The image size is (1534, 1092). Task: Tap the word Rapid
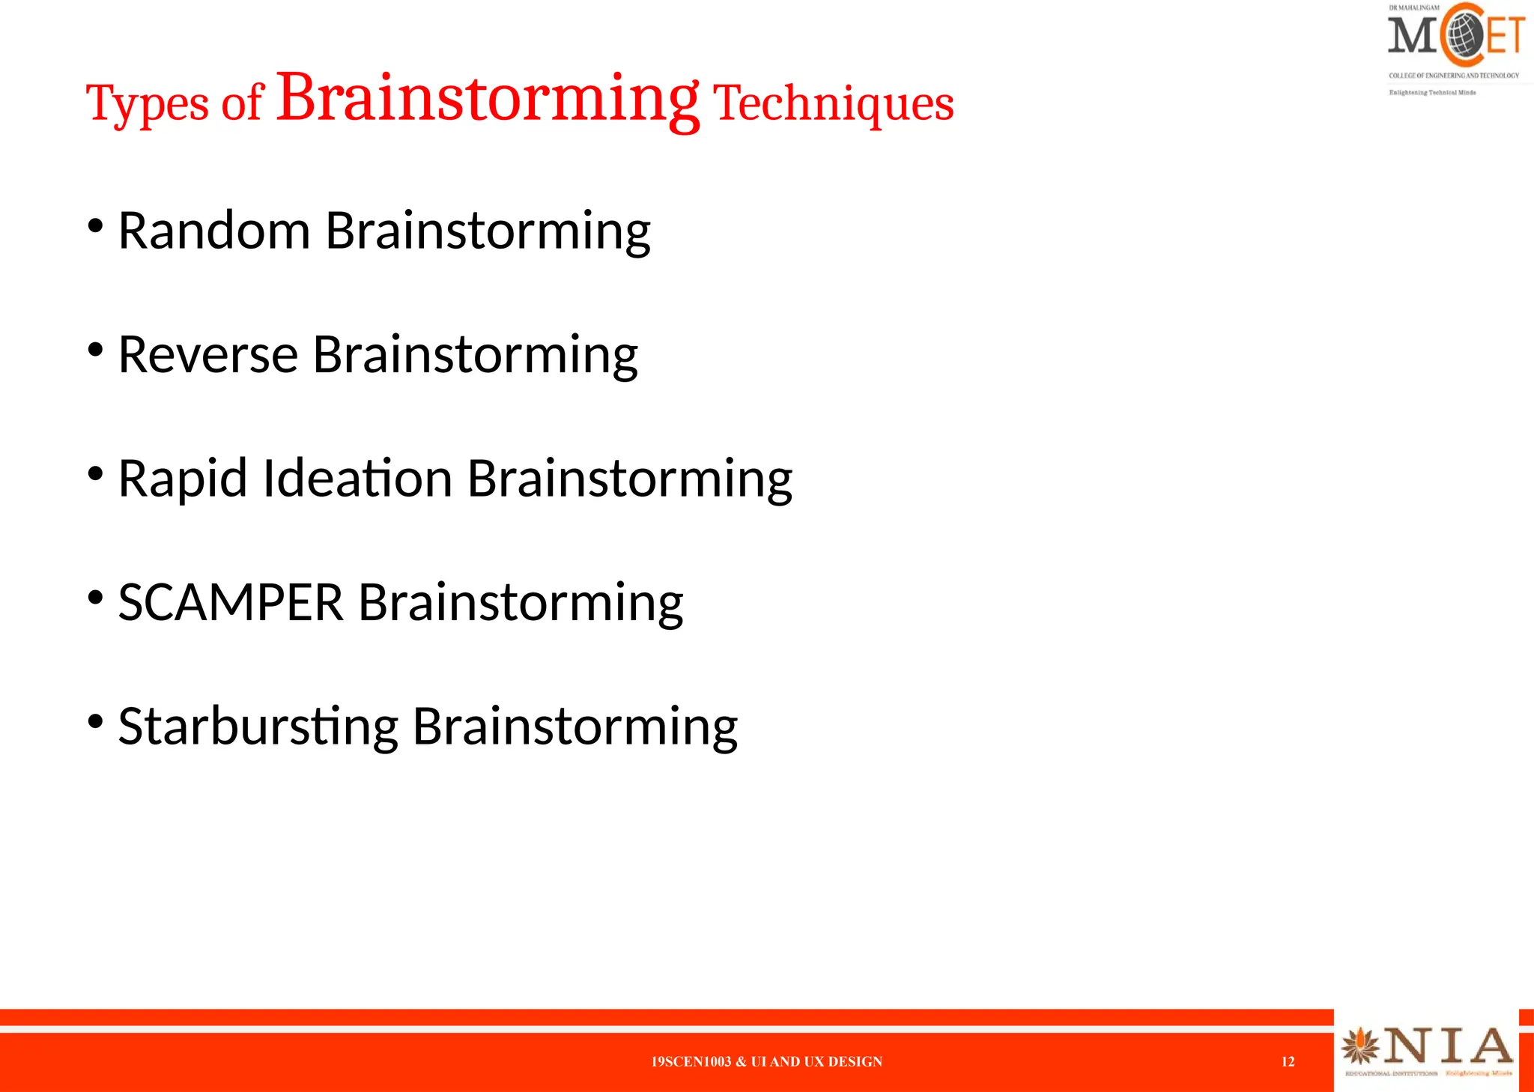tap(182, 479)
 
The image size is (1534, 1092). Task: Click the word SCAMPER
tap(231, 602)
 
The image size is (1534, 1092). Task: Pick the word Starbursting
tap(258, 727)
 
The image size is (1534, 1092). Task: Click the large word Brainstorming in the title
tap(488, 99)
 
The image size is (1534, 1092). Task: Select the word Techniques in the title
tap(833, 103)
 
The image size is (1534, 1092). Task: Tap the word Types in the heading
tap(147, 104)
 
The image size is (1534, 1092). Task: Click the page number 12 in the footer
tap(1288, 1061)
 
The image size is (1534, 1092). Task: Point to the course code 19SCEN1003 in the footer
tap(690, 1061)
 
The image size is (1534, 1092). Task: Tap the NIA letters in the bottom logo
tap(1447, 1046)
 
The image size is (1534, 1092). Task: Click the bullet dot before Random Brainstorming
tap(95, 225)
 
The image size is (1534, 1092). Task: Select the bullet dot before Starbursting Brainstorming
tap(95, 721)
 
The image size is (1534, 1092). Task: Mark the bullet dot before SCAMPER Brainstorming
tap(95, 597)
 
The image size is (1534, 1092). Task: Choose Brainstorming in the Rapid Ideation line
tap(629, 479)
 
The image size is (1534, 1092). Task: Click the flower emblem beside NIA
tap(1360, 1046)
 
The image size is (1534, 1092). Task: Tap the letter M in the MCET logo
tap(1411, 36)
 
